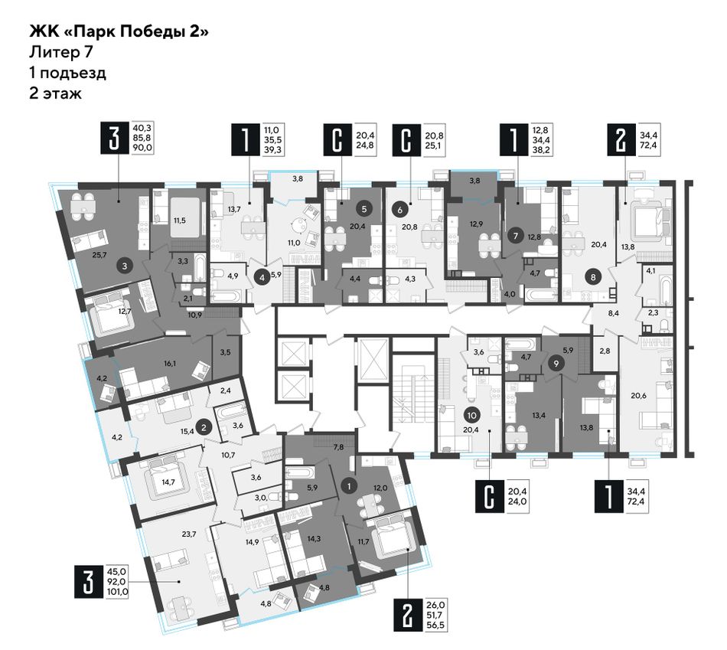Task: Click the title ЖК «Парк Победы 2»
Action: coord(119,32)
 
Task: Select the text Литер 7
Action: coord(60,52)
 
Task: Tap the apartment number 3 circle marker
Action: coord(124,266)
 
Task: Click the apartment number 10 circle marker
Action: coord(472,415)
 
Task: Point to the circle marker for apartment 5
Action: coord(364,209)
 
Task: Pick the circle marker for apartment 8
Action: coord(593,277)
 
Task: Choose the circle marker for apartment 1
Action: coord(349,485)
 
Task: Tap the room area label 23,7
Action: coord(189,534)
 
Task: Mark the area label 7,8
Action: coord(339,447)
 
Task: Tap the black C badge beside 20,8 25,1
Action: coord(406,139)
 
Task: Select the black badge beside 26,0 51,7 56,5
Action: coord(408,615)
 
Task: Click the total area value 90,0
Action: coord(142,148)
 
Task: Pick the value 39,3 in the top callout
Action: coord(272,149)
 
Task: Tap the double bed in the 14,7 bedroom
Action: coord(168,480)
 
